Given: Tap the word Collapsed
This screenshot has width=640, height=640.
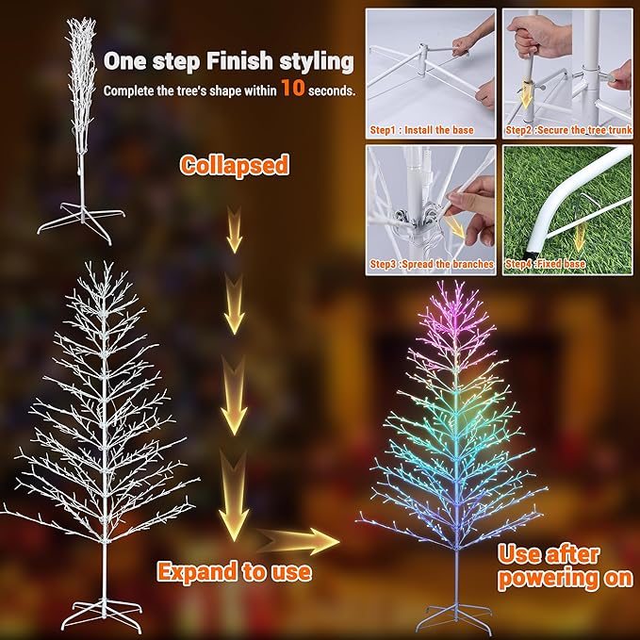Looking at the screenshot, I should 234,165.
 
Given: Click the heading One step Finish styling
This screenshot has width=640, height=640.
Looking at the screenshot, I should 228,62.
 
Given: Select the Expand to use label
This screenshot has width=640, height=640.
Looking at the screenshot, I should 234,571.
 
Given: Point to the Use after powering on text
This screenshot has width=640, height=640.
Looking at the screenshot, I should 565,566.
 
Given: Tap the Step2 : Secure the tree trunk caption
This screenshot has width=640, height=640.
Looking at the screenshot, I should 567,130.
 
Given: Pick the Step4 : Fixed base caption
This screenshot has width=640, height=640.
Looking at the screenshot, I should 546,265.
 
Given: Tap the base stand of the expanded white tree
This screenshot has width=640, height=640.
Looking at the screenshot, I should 104,615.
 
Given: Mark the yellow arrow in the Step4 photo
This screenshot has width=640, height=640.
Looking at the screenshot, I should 579,234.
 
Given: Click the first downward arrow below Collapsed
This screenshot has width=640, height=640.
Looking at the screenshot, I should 234,232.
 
